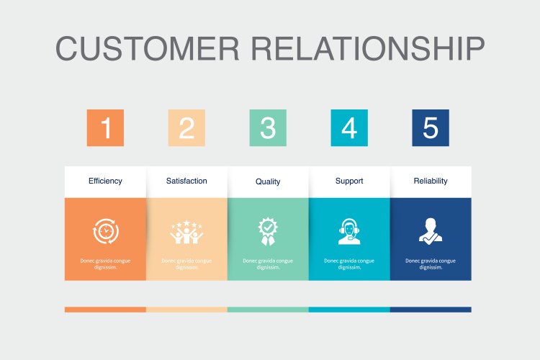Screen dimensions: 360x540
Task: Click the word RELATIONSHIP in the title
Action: click(x=369, y=48)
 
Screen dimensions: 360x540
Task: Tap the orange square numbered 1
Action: click(x=105, y=128)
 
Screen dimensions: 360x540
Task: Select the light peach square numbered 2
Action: click(x=186, y=128)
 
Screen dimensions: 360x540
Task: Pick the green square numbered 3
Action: click(x=268, y=128)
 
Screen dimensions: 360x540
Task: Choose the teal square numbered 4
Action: click(x=349, y=128)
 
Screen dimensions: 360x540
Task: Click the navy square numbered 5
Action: click(x=431, y=128)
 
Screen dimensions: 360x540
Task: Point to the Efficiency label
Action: click(x=105, y=181)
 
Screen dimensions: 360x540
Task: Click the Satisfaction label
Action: click(x=186, y=181)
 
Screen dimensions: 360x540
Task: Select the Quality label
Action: click(x=268, y=181)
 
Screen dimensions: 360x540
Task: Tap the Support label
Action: click(x=349, y=181)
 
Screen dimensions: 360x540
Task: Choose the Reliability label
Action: click(x=431, y=181)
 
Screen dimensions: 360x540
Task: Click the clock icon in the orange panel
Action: click(x=105, y=231)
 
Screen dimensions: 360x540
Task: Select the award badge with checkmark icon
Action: click(x=268, y=231)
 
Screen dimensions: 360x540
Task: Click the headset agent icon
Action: click(x=349, y=231)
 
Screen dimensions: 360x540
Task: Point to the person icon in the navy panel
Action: click(x=431, y=231)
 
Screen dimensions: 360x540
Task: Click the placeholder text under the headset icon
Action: click(x=349, y=264)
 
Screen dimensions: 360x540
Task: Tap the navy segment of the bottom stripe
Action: click(x=431, y=310)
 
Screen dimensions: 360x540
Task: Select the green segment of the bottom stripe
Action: click(x=268, y=310)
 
